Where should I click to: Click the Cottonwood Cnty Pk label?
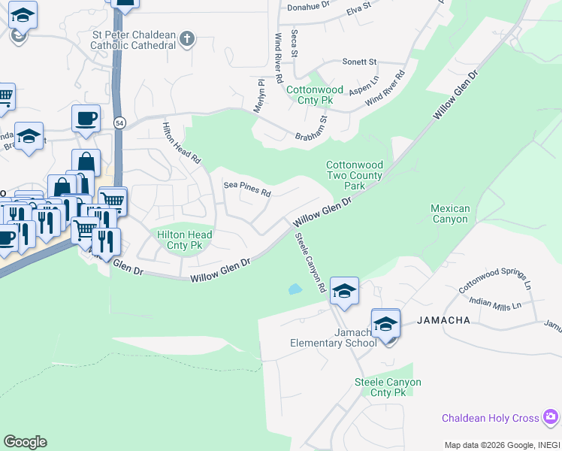pos(315,95)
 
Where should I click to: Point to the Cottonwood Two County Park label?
pos(354,175)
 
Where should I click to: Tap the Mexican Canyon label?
pos(450,213)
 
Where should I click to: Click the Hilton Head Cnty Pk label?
pos(184,240)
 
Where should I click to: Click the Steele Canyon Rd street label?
pos(310,262)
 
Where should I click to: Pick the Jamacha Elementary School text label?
pos(334,337)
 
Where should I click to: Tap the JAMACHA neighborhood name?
pos(446,320)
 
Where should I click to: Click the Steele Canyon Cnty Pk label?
pos(388,387)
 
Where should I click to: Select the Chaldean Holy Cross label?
pos(491,418)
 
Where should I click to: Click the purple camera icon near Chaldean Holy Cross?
pos(551,416)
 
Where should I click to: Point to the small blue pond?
pos(295,289)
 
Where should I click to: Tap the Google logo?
pos(25,442)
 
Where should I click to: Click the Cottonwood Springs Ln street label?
pos(495,281)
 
